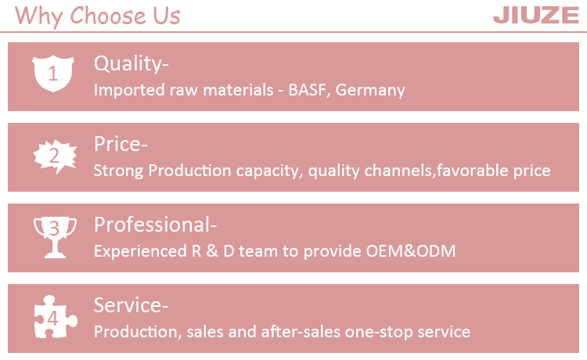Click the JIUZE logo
pyautogui.click(x=536, y=16)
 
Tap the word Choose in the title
pyautogui.click(x=108, y=16)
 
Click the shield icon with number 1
pyautogui.click(x=52, y=74)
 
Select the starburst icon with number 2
pyautogui.click(x=55, y=156)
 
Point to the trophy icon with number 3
pyautogui.click(x=55, y=237)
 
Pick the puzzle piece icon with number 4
pyautogui.click(x=56, y=317)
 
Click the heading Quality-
pyautogui.click(x=131, y=63)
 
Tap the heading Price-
pyautogui.click(x=121, y=144)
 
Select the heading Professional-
pyautogui.click(x=156, y=225)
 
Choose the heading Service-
pyautogui.click(x=131, y=305)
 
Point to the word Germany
pyautogui.click(x=370, y=90)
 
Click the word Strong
pyautogui.click(x=118, y=171)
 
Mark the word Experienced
pyautogui.click(x=140, y=251)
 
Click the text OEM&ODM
pyautogui.click(x=411, y=251)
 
